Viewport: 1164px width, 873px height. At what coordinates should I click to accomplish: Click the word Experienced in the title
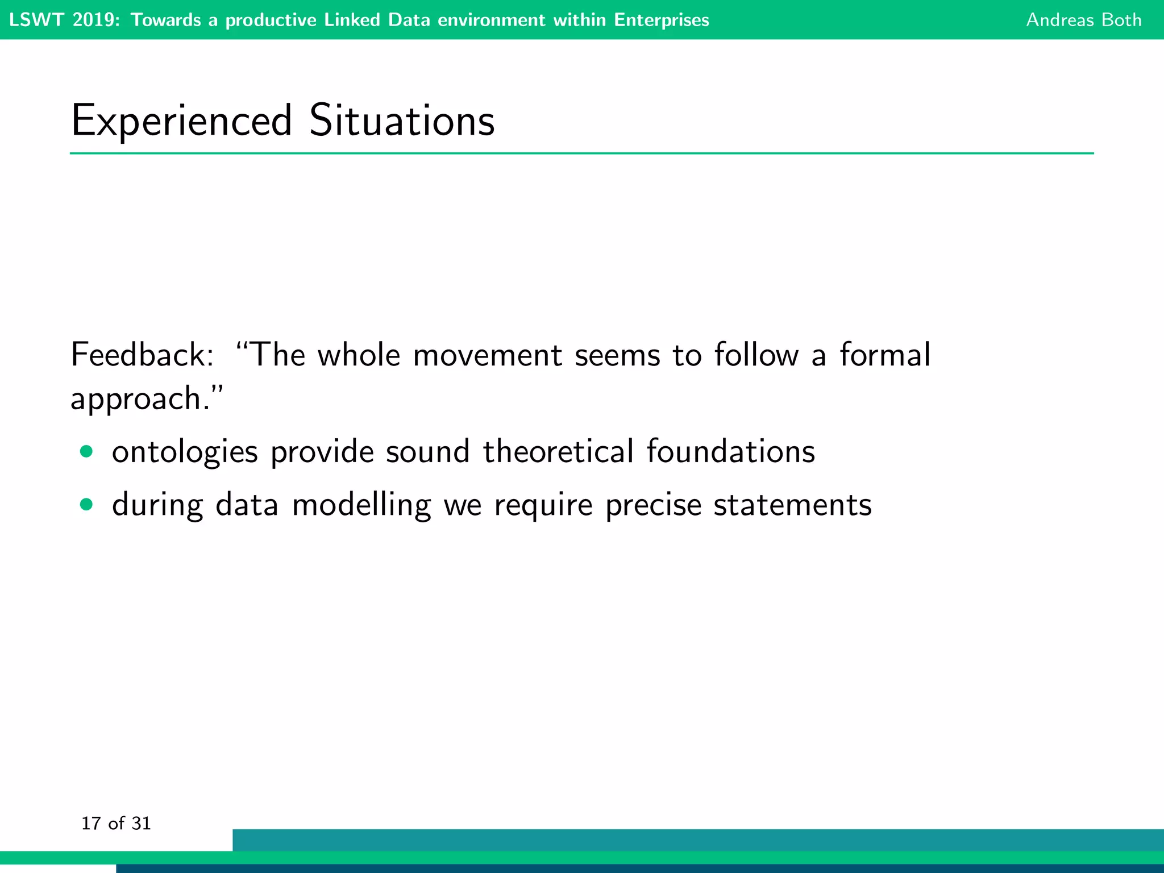tap(181, 121)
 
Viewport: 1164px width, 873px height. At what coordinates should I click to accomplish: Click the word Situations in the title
tap(401, 121)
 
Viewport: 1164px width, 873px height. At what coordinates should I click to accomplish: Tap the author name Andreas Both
tap(1083, 20)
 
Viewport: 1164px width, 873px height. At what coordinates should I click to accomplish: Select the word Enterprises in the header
tap(661, 20)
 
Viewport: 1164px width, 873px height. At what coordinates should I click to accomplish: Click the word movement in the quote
tap(487, 355)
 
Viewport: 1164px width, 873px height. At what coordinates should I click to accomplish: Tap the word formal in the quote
tap(885, 355)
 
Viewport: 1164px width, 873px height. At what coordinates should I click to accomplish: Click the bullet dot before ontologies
tap(86, 452)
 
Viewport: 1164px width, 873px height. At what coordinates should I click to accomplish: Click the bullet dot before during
tap(86, 505)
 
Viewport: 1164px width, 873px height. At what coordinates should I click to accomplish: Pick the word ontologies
tap(185, 453)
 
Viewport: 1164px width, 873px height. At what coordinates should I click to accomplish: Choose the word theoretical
tap(558, 452)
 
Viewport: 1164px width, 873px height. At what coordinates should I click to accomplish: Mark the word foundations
tap(730, 452)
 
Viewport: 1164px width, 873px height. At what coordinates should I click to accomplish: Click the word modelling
tap(361, 505)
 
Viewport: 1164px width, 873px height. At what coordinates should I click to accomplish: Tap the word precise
tap(653, 505)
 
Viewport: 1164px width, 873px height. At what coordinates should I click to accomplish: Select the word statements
tap(792, 505)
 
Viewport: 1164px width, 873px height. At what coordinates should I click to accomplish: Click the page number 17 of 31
tap(116, 824)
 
